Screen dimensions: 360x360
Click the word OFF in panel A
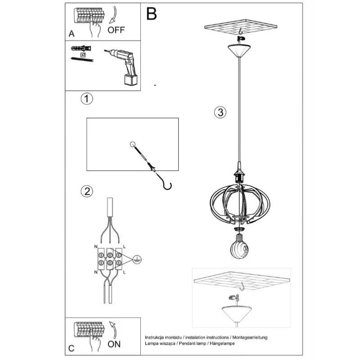coord(116,30)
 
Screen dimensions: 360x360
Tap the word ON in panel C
coord(114,344)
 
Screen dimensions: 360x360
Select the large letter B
coord(152,14)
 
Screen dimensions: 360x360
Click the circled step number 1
coord(87,99)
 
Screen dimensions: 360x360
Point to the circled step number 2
coord(87,191)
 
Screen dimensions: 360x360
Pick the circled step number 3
coord(220,112)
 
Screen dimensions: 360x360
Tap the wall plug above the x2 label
coord(81,49)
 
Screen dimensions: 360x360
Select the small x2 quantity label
coord(83,55)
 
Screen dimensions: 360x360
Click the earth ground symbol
coord(137,260)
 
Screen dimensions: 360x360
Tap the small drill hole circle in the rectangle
coord(133,144)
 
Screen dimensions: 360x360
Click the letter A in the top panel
coord(72,34)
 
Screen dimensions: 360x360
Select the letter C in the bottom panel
coord(72,348)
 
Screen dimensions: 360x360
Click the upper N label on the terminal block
coord(96,247)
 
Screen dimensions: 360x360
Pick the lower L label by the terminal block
coord(124,272)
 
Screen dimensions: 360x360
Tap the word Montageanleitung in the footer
coord(250,337)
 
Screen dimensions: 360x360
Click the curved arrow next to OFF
coord(114,15)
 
